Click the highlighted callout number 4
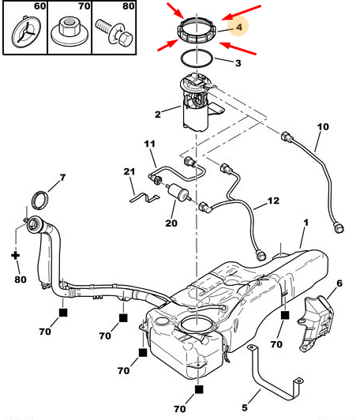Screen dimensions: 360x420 coord(239,27)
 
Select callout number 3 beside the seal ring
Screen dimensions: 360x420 coord(238,63)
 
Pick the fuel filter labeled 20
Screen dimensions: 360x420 coord(178,191)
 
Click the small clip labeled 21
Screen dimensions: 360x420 coord(144,197)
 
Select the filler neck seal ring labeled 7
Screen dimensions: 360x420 coord(40,201)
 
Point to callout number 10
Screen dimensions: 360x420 coord(323,126)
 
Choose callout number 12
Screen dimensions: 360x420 coord(273,201)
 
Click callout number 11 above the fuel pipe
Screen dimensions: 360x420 coord(150,144)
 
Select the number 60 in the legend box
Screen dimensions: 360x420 coord(40,6)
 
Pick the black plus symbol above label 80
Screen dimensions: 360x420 coord(16,255)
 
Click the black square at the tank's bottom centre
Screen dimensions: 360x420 coord(198,389)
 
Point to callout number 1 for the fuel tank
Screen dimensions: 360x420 coord(306,223)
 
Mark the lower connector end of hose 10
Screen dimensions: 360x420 coord(339,227)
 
